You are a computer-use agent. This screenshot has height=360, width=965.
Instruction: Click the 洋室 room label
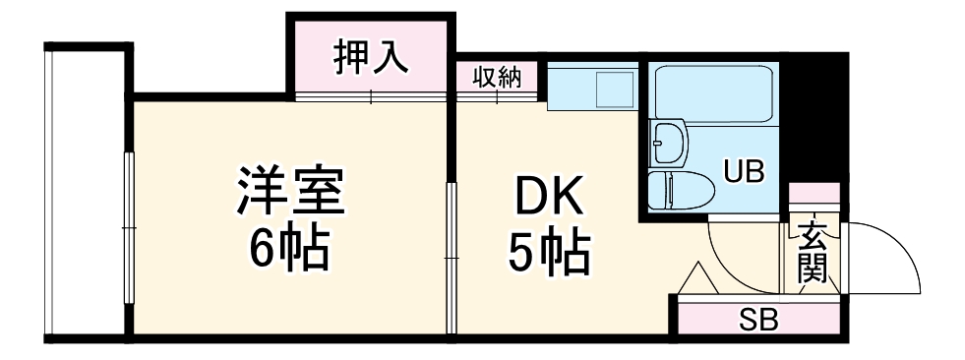(289, 192)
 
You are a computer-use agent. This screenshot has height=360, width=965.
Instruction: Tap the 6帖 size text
(289, 251)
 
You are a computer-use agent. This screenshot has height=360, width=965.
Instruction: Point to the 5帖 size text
(549, 254)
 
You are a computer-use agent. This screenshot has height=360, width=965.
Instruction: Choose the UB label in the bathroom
(745, 172)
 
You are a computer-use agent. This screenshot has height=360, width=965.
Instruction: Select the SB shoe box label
(758, 321)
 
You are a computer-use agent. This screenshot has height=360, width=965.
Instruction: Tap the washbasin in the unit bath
(669, 144)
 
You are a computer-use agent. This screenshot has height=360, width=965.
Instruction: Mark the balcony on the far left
(84, 192)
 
